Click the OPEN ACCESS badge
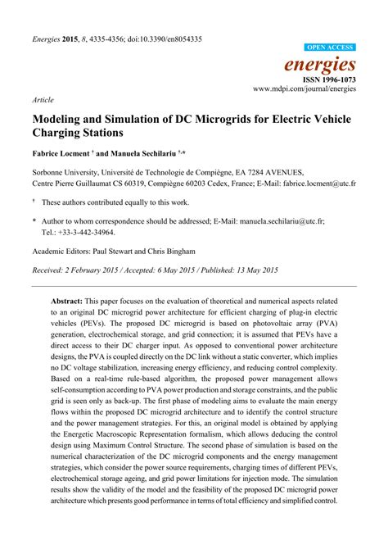(x=330, y=48)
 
